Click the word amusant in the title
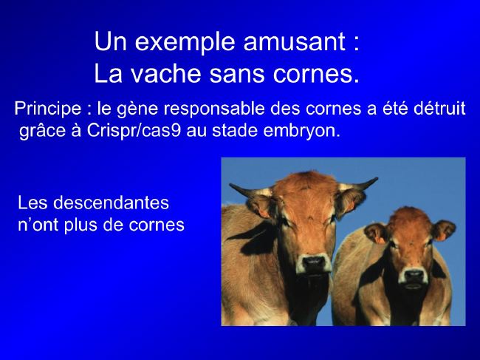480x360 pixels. click(x=294, y=41)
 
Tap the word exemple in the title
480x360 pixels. click(x=185, y=42)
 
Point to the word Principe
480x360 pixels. click(x=48, y=109)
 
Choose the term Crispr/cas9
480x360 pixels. click(x=134, y=131)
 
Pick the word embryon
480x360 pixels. click(x=301, y=131)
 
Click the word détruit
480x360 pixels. click(x=439, y=109)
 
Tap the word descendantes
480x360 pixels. click(x=111, y=203)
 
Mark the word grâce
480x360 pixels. click(x=43, y=131)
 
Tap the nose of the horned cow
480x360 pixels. click(x=314, y=263)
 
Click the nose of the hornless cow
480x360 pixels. click(x=414, y=275)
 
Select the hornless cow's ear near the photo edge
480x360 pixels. click(x=443, y=230)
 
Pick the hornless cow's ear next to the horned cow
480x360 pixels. click(x=376, y=234)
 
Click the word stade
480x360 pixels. click(x=235, y=131)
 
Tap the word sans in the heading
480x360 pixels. click(x=236, y=75)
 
